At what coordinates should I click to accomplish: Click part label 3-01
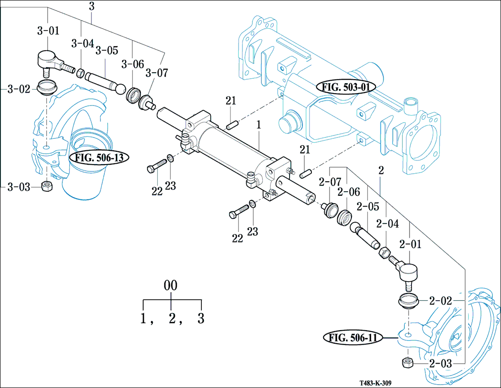(x=48, y=31)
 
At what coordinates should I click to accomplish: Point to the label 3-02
(x=19, y=89)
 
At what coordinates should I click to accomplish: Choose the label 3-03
(x=19, y=187)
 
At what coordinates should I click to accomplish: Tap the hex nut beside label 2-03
(x=408, y=362)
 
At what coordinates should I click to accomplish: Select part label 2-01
(x=411, y=245)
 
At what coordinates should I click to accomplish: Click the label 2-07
(x=331, y=182)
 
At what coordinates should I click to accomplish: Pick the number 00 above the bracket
(x=170, y=286)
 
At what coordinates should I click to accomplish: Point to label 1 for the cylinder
(x=259, y=126)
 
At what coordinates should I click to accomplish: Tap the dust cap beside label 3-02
(x=47, y=88)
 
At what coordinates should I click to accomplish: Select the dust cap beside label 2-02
(x=408, y=302)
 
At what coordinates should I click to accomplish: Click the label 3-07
(x=157, y=73)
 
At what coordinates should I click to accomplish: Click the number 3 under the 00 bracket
(x=201, y=318)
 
